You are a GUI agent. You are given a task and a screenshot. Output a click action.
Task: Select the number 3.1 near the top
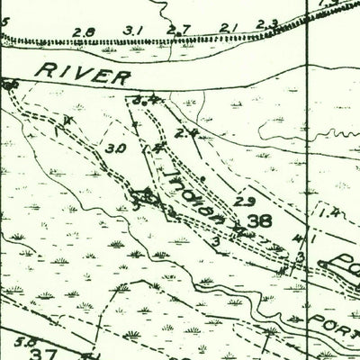(133, 31)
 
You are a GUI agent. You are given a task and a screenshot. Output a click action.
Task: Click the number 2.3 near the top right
(266, 24)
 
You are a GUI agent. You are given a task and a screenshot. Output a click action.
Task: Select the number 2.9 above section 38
(243, 200)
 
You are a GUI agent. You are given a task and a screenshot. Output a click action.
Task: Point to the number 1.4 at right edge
(328, 212)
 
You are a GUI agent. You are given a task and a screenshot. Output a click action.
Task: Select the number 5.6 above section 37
(27, 341)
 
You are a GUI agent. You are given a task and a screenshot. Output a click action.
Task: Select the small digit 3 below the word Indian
(216, 241)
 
